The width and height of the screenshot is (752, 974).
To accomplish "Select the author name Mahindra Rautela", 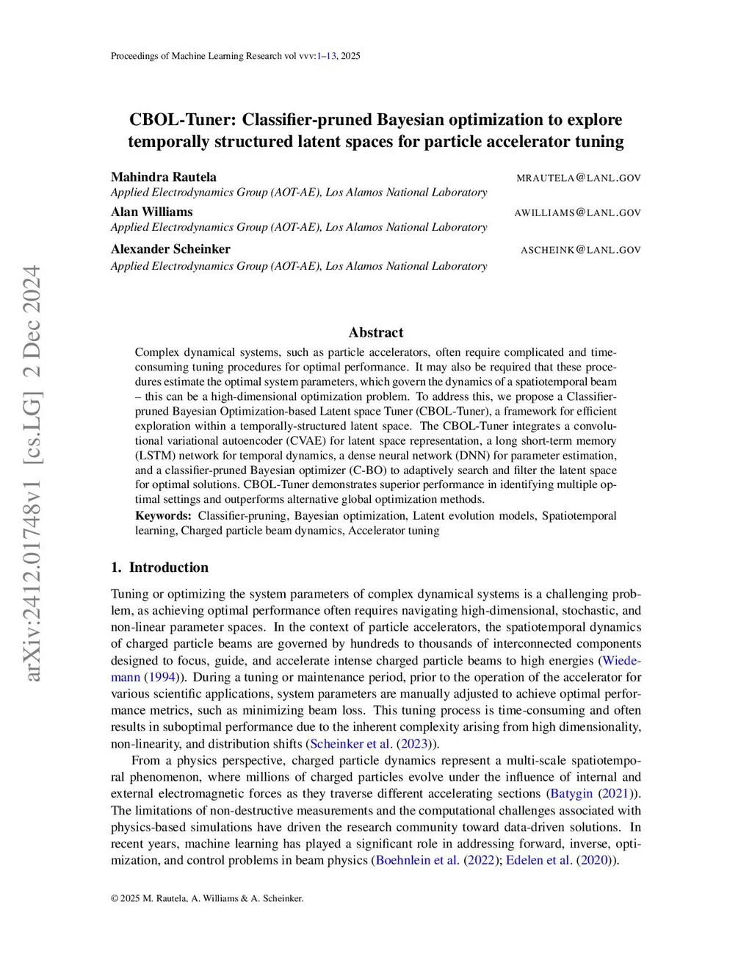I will (163, 177).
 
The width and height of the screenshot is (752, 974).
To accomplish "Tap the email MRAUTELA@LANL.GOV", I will (578, 178).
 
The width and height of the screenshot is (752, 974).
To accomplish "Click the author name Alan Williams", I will (151, 212).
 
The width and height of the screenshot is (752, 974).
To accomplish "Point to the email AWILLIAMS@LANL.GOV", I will (577, 213).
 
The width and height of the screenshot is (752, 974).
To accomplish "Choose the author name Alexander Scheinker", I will (170, 249).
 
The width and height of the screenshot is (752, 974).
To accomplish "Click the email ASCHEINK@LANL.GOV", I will (580, 250).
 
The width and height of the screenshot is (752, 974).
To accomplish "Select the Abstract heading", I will (376, 332).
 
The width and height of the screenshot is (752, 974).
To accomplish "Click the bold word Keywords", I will (163, 516).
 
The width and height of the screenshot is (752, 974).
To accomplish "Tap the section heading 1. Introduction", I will (159, 567).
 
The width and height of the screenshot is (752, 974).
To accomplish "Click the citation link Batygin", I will (571, 794).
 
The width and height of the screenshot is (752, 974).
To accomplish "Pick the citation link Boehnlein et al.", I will (417, 860).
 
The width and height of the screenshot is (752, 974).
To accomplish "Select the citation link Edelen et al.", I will (538, 860).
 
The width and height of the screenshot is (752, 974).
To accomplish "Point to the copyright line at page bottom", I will (207, 898).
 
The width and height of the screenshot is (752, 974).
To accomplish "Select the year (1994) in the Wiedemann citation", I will (161, 677).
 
